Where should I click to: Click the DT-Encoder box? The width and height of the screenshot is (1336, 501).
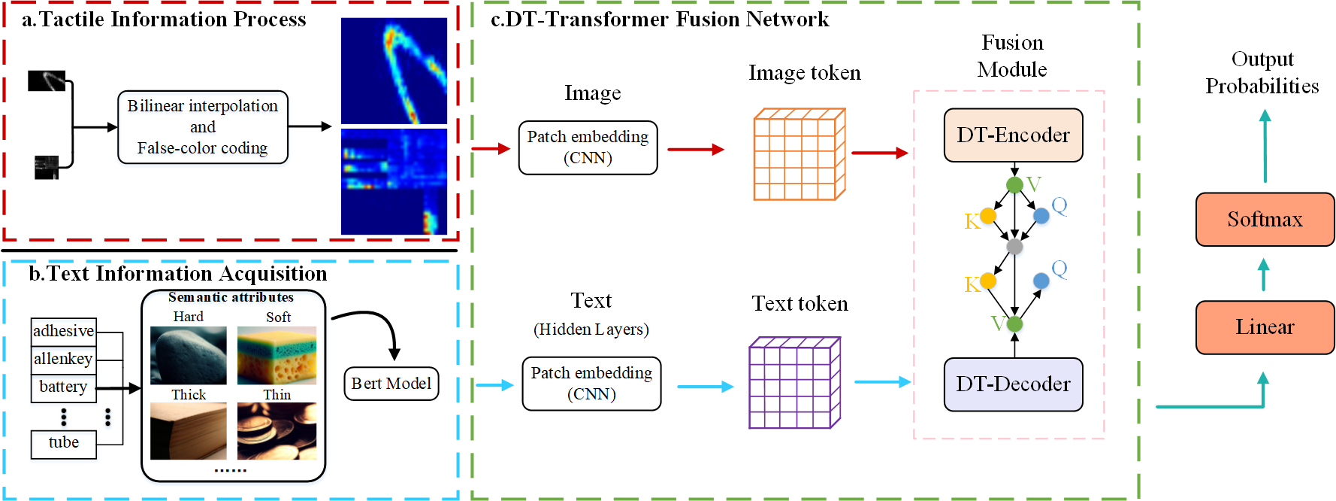point(1013,135)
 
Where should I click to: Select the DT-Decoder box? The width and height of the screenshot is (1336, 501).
point(1013,384)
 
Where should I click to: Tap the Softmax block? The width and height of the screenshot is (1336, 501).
point(1265,220)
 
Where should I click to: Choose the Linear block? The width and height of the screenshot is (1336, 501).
point(1265,327)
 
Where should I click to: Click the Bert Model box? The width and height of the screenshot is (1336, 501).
point(391,384)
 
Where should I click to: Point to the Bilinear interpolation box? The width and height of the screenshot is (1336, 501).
point(203,127)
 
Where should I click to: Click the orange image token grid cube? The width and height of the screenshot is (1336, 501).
point(799,154)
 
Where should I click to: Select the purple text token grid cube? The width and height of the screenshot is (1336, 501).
point(794,383)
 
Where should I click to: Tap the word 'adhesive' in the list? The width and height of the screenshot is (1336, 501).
point(64,331)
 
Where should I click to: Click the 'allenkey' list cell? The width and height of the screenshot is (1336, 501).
point(63,359)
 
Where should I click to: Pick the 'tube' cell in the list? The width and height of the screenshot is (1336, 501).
point(64,443)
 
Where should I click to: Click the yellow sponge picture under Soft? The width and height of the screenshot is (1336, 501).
point(277,355)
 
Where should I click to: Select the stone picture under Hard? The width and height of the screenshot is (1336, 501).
point(188,355)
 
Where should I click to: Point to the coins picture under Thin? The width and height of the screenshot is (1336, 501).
point(277,431)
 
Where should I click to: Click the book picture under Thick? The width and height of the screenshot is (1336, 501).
point(188,431)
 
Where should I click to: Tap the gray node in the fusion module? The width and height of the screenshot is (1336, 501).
point(1014,247)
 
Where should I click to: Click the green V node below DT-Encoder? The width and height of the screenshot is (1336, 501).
point(1014,185)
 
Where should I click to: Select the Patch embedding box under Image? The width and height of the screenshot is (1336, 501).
point(588,147)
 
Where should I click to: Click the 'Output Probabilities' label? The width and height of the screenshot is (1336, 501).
point(1262,73)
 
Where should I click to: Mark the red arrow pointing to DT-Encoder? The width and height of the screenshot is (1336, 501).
point(879,153)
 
